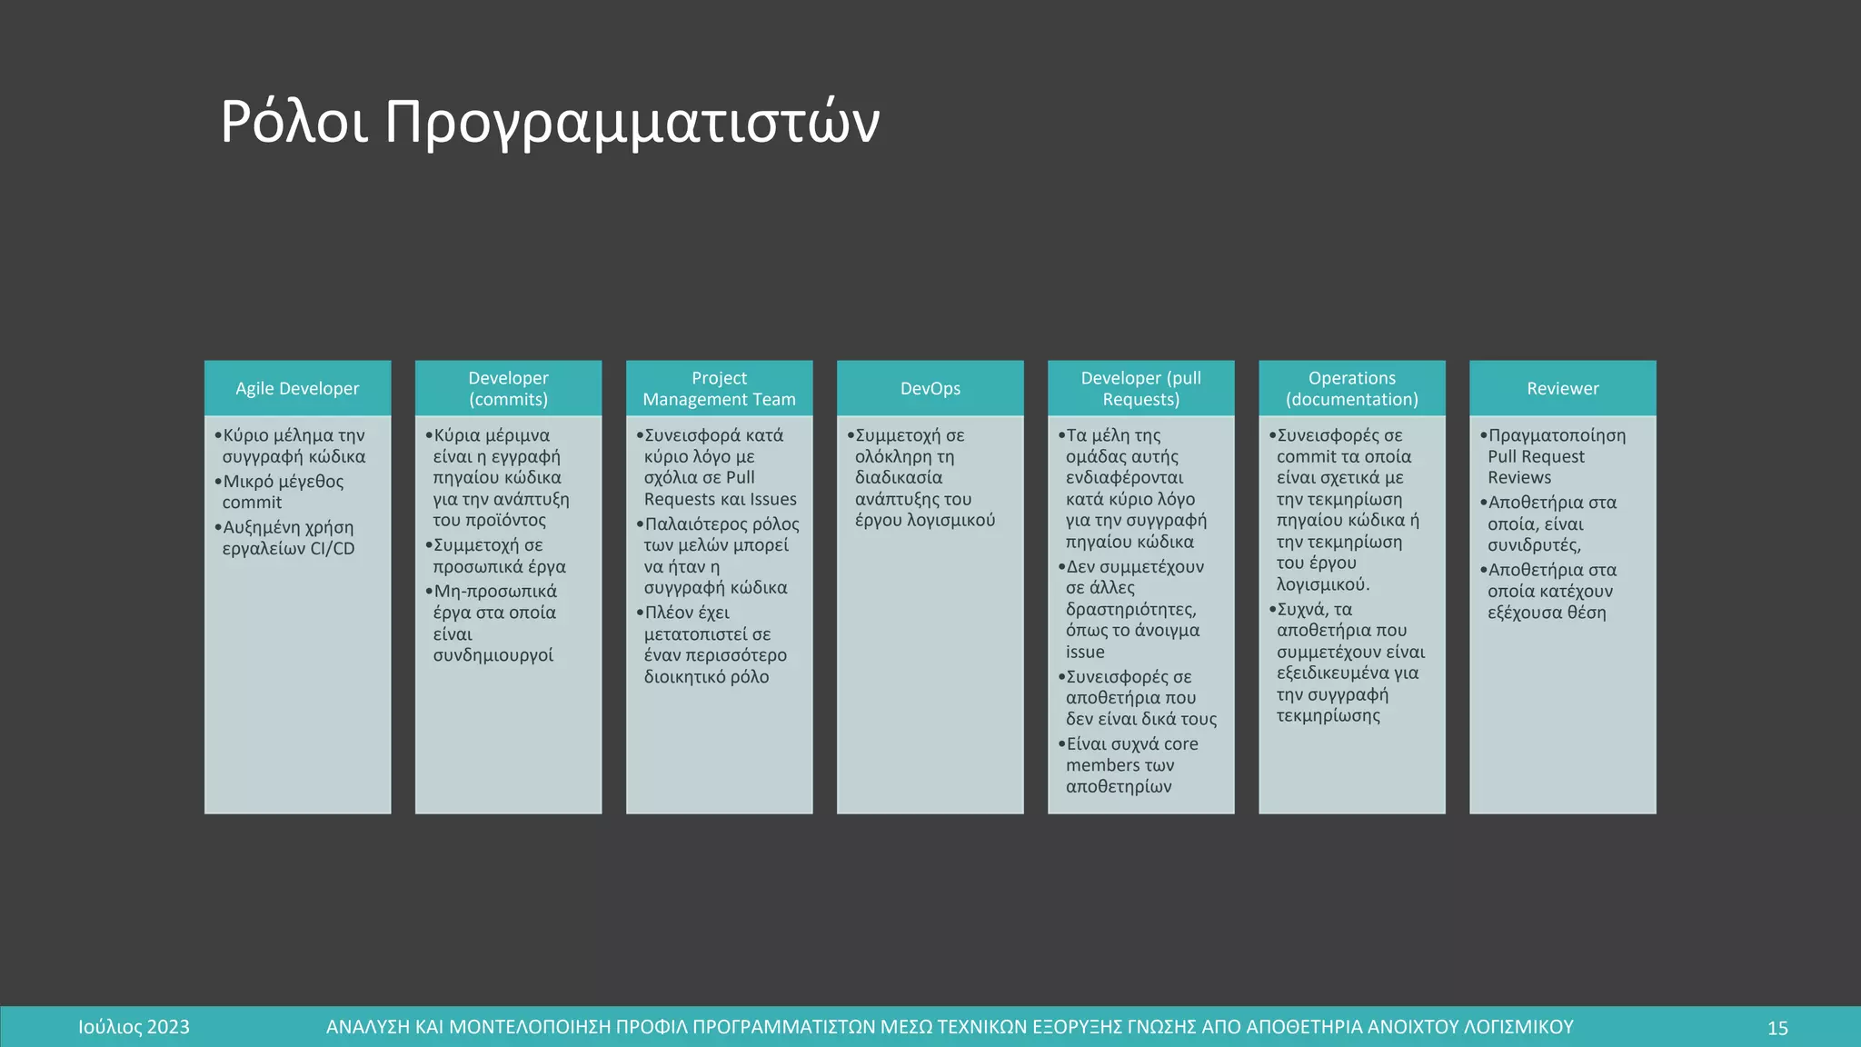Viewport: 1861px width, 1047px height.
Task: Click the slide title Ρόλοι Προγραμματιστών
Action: pyautogui.click(x=550, y=122)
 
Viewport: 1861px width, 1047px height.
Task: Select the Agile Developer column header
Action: pyautogui.click(x=297, y=389)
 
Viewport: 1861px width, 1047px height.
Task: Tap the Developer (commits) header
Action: pyautogui.click(x=508, y=389)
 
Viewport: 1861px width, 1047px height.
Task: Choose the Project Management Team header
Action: pyautogui.click(x=719, y=389)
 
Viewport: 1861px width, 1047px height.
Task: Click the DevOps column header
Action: pyautogui.click(x=930, y=389)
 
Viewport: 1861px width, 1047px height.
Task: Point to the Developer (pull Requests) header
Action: pyautogui.click(x=1140, y=389)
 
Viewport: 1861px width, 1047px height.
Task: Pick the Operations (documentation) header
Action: pyautogui.click(x=1351, y=389)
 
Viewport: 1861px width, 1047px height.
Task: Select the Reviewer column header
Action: pyautogui.click(x=1562, y=389)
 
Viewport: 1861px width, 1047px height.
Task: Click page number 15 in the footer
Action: pyautogui.click(x=1777, y=1028)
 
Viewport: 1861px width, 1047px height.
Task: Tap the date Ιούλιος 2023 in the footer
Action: pyautogui.click(x=134, y=1028)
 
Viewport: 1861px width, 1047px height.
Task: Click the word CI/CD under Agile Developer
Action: pyautogui.click(x=333, y=549)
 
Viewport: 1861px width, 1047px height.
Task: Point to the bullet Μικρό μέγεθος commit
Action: pyautogui.click(x=282, y=492)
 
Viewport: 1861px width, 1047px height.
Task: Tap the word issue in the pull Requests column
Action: pyautogui.click(x=1085, y=653)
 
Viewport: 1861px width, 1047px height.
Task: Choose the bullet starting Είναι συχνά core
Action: pyautogui.click(x=1131, y=765)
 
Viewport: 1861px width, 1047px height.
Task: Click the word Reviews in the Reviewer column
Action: pyautogui.click(x=1519, y=478)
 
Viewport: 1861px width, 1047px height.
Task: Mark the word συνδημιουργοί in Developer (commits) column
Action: pyautogui.click(x=493, y=655)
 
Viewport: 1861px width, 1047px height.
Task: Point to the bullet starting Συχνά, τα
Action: pyautogui.click(x=1349, y=663)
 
